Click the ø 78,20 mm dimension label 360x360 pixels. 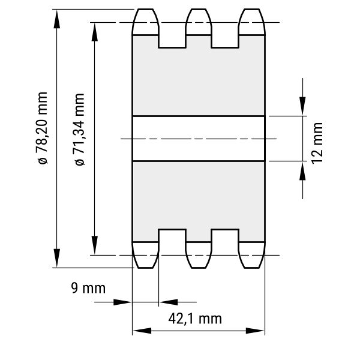click(43, 128)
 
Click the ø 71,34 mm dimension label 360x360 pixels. click(80, 129)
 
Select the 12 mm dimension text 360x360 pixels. click(317, 143)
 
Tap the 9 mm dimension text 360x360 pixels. click(88, 288)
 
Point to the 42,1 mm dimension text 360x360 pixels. click(195, 319)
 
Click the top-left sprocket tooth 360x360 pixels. click(145, 22)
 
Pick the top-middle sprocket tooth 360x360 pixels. click(199, 22)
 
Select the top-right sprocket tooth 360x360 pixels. click(252, 22)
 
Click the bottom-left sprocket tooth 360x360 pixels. click(145, 255)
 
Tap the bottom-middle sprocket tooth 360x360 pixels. click(199, 255)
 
